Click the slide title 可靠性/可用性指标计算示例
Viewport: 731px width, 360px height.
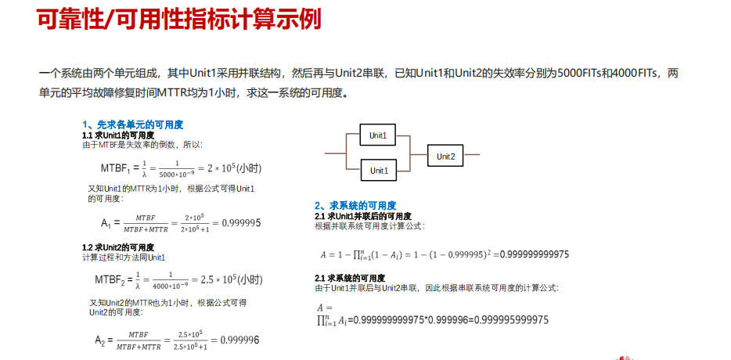tap(179, 20)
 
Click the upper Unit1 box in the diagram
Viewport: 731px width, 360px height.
tap(379, 135)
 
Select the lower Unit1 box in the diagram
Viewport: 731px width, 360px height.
tap(379, 170)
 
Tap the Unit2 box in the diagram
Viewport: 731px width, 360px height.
tap(445, 157)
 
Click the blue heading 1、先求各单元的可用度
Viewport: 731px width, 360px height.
tap(132, 124)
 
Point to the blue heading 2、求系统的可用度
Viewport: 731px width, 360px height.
tap(355, 206)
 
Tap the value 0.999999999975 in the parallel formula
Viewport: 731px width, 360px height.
tap(535, 254)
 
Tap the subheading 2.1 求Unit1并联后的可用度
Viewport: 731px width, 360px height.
tap(363, 216)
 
